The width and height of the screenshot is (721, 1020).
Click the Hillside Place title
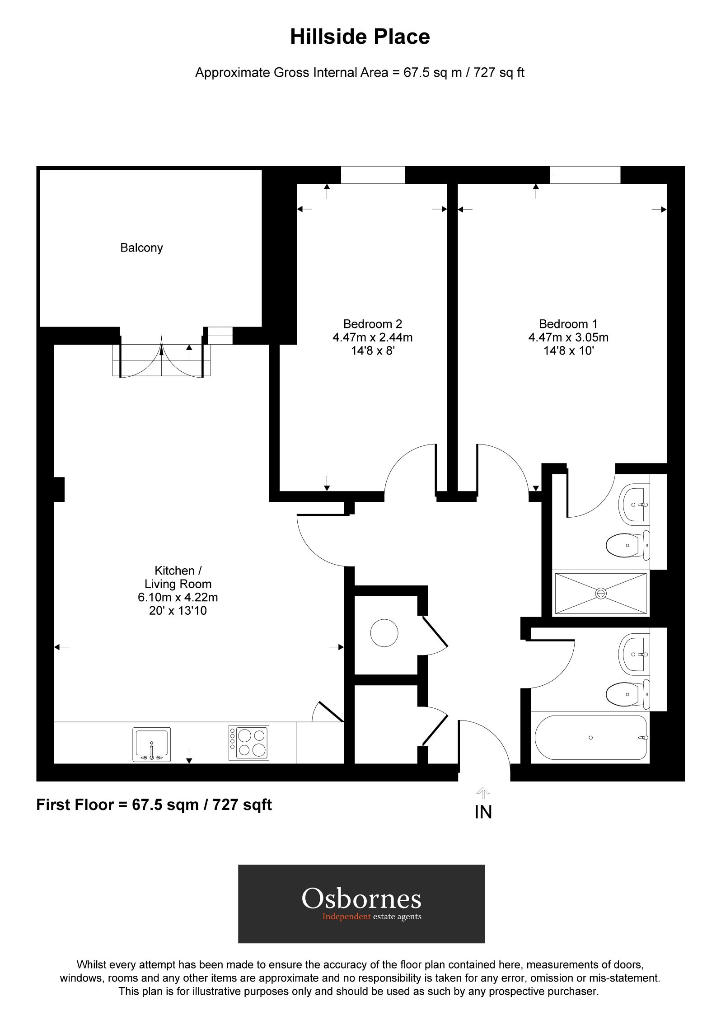point(360,37)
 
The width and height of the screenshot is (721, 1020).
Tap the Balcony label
point(141,248)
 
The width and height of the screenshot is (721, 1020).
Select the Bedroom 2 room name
point(372,324)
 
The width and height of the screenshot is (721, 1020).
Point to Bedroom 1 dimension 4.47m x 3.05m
point(568,337)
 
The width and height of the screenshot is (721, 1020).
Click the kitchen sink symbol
point(152,744)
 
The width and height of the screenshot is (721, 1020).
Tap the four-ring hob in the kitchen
point(249,743)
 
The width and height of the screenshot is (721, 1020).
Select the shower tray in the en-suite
point(600,594)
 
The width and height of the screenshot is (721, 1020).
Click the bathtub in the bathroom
point(590,738)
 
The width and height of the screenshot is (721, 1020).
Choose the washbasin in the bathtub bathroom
point(634,654)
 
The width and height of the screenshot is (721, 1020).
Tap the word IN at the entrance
point(483,812)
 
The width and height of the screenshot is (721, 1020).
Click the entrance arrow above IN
point(483,793)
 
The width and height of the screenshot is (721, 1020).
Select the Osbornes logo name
point(361,898)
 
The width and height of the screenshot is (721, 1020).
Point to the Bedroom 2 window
point(373,175)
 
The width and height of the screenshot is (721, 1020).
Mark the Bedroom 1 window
point(585,175)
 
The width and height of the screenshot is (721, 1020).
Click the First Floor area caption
point(154,805)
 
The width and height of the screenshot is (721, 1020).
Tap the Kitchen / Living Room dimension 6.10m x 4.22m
point(178,597)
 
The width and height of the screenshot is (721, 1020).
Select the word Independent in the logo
point(346,917)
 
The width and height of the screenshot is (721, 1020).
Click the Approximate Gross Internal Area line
point(360,73)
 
